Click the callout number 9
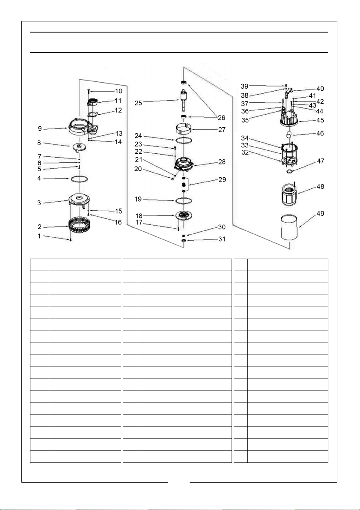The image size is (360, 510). click(x=40, y=129)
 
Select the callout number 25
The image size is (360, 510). click(x=138, y=103)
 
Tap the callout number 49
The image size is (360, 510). click(x=320, y=214)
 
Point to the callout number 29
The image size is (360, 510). click(x=222, y=179)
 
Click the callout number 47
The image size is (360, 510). click(x=321, y=161)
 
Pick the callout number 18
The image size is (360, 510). click(x=139, y=216)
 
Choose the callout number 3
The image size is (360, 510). click(x=39, y=203)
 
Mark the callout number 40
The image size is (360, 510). click(x=320, y=89)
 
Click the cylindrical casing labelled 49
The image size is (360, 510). click(x=289, y=227)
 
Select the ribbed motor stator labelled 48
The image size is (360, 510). click(x=289, y=194)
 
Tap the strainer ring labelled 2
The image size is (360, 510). click(x=79, y=224)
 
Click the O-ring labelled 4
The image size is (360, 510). click(x=79, y=179)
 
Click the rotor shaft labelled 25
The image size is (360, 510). click(x=184, y=100)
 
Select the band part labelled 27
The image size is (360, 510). click(x=184, y=128)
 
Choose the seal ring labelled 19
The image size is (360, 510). click(x=184, y=201)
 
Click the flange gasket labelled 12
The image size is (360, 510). click(x=93, y=114)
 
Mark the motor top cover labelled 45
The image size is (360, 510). click(x=289, y=118)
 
